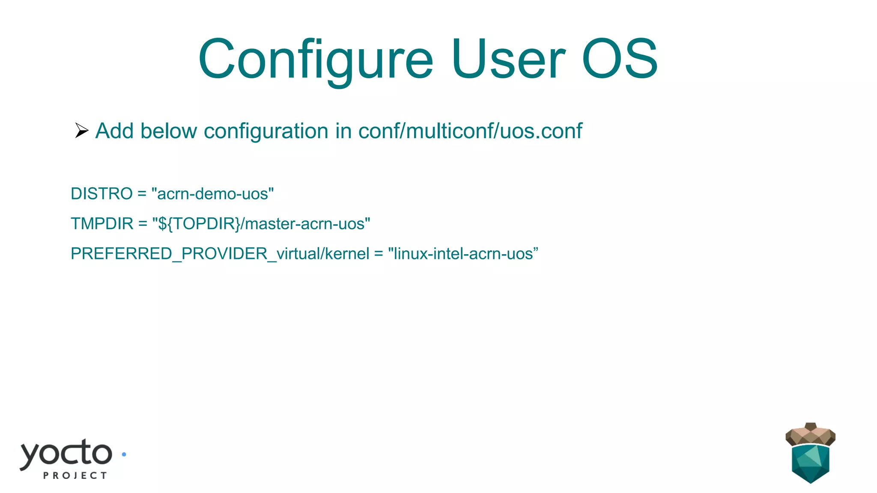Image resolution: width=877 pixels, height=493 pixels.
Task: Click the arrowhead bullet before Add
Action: (81, 131)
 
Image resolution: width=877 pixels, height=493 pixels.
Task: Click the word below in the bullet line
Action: (168, 131)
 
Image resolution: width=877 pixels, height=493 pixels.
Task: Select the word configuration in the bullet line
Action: (266, 131)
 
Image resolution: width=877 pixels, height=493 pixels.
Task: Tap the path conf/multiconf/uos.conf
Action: (470, 131)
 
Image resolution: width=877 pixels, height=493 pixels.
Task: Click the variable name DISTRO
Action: (101, 194)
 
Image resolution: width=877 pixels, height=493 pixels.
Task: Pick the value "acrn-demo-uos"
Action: (212, 194)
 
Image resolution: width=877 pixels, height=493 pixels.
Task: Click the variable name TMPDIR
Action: (102, 224)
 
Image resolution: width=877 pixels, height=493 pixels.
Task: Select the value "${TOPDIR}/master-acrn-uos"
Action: (261, 224)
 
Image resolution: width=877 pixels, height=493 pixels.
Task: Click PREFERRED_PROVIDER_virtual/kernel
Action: (220, 254)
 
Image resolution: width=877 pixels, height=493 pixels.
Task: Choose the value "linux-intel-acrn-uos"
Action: (463, 254)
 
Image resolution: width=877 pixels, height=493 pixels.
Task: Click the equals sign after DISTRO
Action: (142, 194)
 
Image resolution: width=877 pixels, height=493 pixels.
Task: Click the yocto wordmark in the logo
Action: (66, 454)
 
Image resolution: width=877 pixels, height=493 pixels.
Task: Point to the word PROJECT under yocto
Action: (75, 475)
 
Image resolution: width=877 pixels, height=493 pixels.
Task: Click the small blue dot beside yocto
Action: (124, 454)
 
